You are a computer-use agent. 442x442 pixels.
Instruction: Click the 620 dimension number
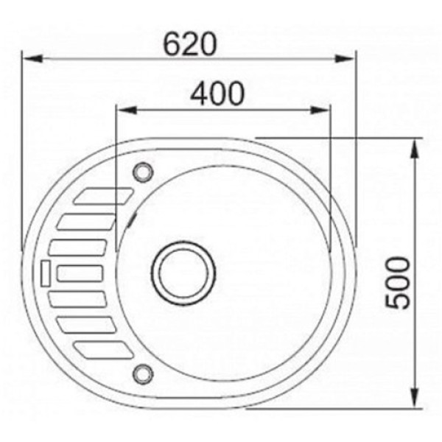(x=190, y=44)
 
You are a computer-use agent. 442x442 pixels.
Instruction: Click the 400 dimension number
(x=217, y=94)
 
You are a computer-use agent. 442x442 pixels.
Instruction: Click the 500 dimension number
(x=398, y=282)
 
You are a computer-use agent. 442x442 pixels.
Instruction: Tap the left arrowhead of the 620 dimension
(x=32, y=59)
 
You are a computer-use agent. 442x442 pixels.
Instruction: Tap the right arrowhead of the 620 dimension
(x=344, y=59)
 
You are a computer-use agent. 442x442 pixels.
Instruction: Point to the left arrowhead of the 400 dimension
(x=127, y=110)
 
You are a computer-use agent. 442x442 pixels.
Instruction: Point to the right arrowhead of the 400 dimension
(x=320, y=110)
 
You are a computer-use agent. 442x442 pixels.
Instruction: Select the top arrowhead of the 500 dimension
(x=414, y=149)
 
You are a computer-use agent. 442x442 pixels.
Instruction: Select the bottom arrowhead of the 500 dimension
(x=414, y=397)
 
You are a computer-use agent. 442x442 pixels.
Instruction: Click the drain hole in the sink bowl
(x=183, y=273)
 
